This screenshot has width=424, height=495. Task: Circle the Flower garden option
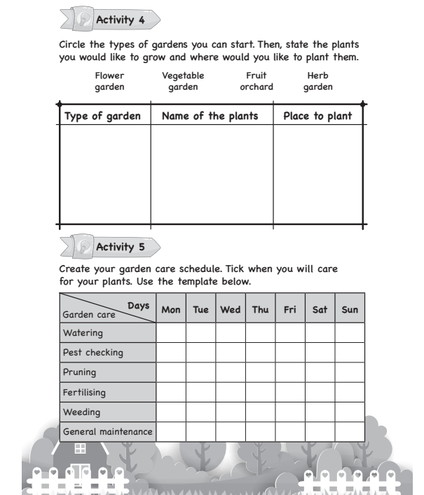[109, 81]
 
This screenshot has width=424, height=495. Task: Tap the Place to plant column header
[317, 116]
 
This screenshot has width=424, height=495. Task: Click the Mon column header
[170, 309]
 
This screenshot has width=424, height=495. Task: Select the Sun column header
[349, 309]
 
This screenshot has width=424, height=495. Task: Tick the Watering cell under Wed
[230, 332]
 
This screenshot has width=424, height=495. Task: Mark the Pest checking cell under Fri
[289, 352]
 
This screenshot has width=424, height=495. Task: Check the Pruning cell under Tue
[200, 372]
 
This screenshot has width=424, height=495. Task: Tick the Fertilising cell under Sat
[320, 392]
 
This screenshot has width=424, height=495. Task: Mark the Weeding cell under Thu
[260, 412]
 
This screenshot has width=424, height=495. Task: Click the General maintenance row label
[107, 431]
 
